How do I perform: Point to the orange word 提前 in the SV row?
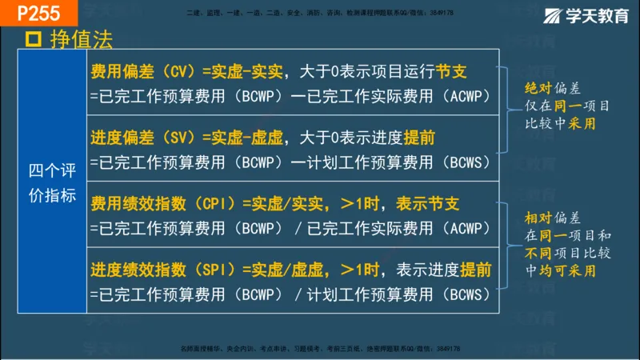[x=418, y=138]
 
